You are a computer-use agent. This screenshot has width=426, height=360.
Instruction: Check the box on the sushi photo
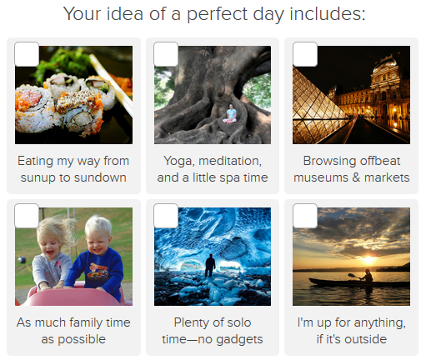[27, 54]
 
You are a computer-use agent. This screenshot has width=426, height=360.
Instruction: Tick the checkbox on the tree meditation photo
[166, 54]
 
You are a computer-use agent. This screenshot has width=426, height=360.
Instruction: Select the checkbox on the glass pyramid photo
[305, 54]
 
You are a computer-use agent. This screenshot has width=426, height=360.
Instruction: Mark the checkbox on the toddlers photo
[27, 216]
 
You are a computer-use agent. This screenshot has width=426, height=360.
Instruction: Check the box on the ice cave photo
[166, 216]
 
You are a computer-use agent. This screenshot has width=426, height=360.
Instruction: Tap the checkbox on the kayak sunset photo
[305, 216]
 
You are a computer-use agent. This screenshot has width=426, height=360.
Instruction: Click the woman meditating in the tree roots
[230, 114]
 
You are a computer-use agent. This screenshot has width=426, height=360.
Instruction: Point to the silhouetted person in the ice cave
[210, 265]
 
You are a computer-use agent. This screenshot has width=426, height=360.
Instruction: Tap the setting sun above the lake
[368, 259]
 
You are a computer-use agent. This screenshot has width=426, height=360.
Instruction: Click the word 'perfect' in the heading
[218, 14]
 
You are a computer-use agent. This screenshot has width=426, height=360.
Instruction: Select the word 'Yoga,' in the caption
[179, 161]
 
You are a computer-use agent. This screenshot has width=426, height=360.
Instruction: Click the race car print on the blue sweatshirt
[98, 271]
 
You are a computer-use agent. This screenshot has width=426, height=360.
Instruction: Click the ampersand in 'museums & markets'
[356, 177]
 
